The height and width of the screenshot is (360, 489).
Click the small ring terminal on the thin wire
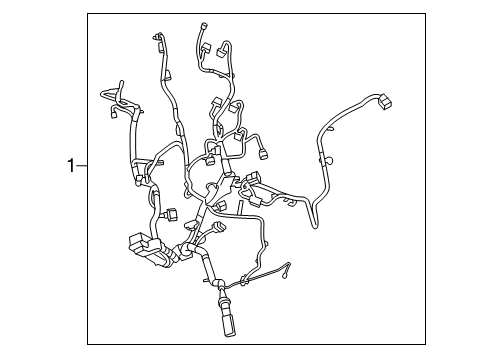[x=291, y=265]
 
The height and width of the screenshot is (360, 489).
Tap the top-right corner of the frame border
[x=410, y=13]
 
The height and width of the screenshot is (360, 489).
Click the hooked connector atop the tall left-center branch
[x=157, y=40]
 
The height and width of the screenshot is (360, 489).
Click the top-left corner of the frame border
[x=87, y=13]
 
